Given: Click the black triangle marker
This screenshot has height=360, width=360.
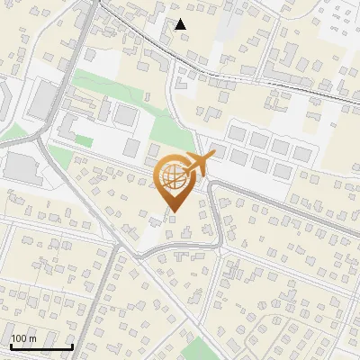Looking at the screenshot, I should [x=181, y=24].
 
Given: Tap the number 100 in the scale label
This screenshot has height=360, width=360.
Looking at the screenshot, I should [x=20, y=338].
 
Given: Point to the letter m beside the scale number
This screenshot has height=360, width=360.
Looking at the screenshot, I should [x=31, y=338].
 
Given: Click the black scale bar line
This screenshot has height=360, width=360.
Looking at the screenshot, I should [x=41, y=346].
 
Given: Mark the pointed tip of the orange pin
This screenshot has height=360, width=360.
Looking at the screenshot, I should [x=174, y=212].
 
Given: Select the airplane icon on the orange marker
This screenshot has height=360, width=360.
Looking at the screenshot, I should [x=199, y=165].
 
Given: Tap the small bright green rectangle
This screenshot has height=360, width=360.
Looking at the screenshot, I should [x=83, y=141].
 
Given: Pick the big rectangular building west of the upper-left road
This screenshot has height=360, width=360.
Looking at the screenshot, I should [x=40, y=99].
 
